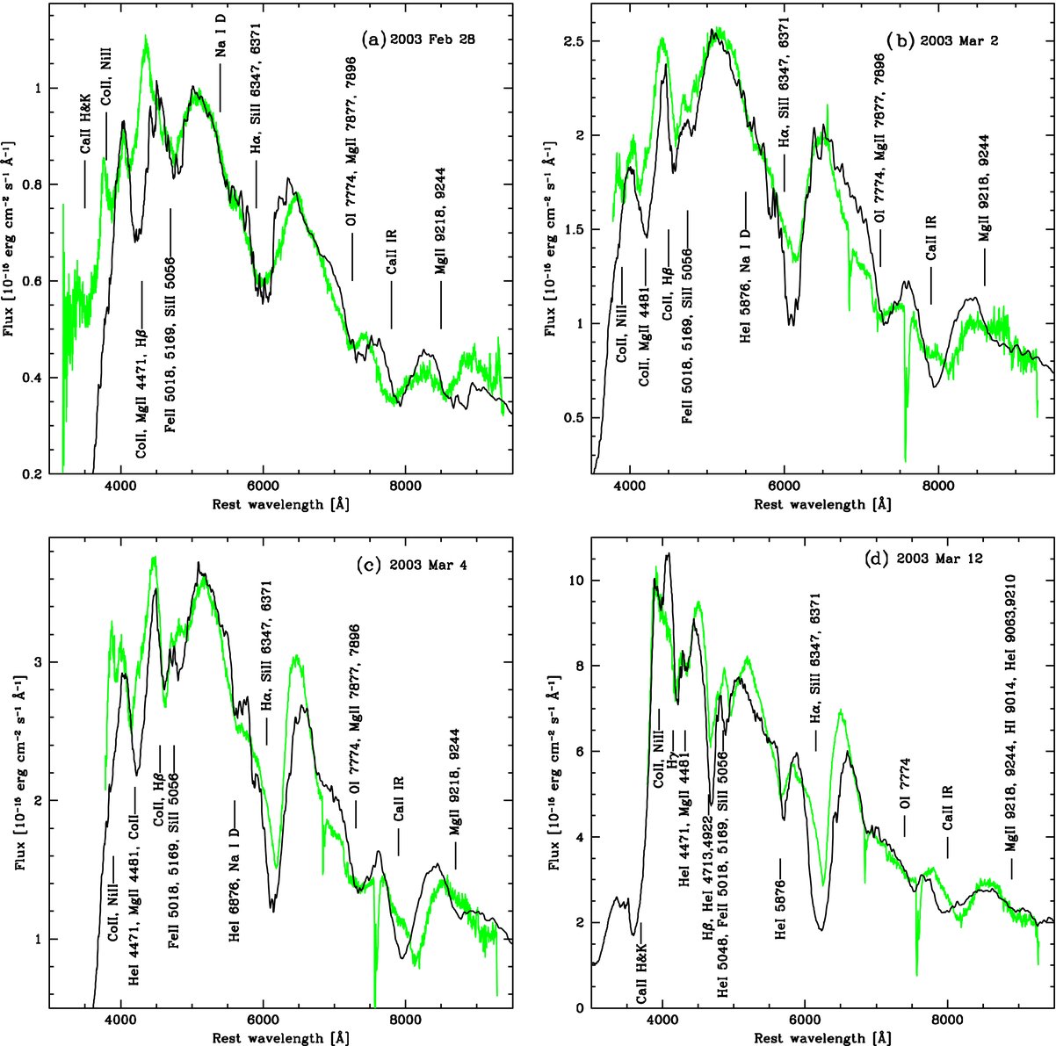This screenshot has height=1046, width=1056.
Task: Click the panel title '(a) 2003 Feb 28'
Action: pyautogui.click(x=418, y=40)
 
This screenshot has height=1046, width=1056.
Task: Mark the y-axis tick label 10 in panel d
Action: pyautogui.click(x=579, y=581)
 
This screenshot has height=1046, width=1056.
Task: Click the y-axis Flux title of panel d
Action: pyautogui.click(x=553, y=773)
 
